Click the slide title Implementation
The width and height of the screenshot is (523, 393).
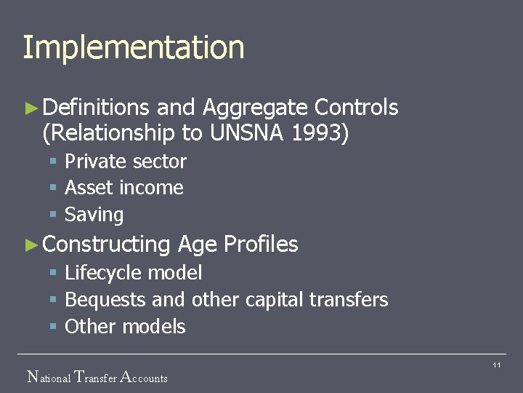[x=134, y=47]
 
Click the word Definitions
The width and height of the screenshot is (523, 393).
[x=96, y=108]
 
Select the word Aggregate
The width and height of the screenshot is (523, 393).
[x=255, y=108]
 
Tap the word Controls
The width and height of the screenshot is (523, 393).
[x=356, y=108]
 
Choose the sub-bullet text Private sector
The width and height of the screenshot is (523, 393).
[x=126, y=162]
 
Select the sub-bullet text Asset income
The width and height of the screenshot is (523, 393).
[x=124, y=188]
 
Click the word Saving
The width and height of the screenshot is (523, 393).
[x=94, y=215]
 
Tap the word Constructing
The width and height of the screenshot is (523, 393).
[x=106, y=245]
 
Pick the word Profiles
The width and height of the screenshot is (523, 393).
[x=261, y=245]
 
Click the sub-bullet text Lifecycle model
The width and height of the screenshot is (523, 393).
[x=134, y=273]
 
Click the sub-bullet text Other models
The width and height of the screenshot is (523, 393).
[x=126, y=327]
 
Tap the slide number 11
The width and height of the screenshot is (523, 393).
[x=497, y=365]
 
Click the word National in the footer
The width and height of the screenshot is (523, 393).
[x=49, y=378]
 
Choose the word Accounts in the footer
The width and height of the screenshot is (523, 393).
[x=143, y=378]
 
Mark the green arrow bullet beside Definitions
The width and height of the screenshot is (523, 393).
[x=30, y=108]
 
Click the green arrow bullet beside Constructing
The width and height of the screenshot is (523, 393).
[x=30, y=245]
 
